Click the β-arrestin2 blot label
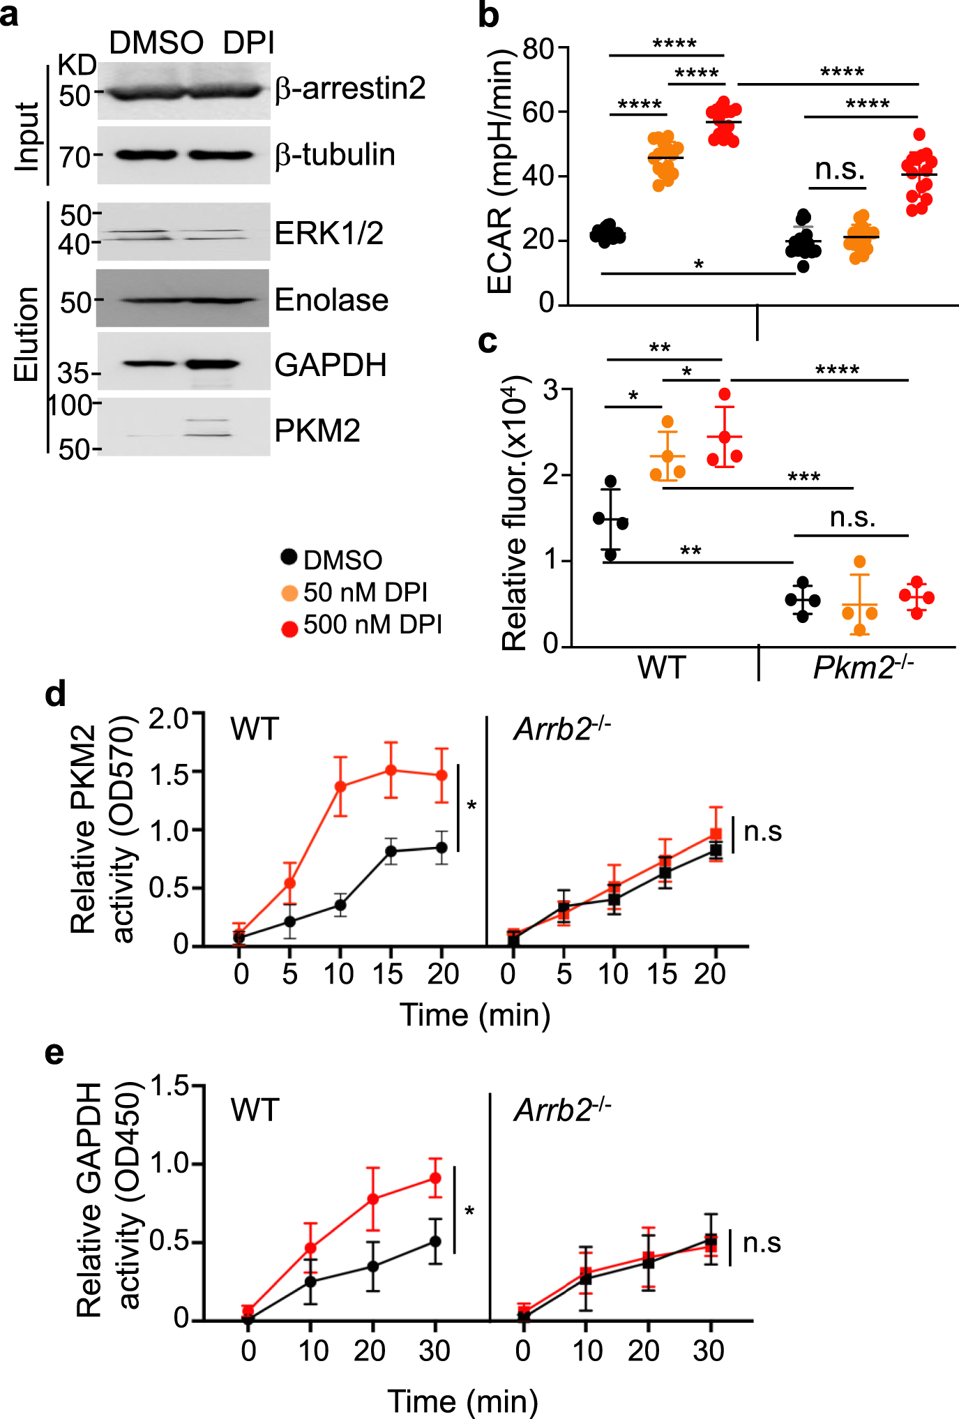point(349,89)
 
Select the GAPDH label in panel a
point(330,365)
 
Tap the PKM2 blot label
point(317,430)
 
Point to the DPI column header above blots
point(248,43)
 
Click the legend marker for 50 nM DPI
point(289,593)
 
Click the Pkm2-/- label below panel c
point(863,668)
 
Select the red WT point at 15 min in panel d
point(391,770)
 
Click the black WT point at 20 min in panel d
point(441,848)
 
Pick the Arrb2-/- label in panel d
point(562,730)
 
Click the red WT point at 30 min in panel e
point(435,1178)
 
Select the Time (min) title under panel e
point(462,1400)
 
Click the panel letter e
point(54,1052)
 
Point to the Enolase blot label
point(331,300)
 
